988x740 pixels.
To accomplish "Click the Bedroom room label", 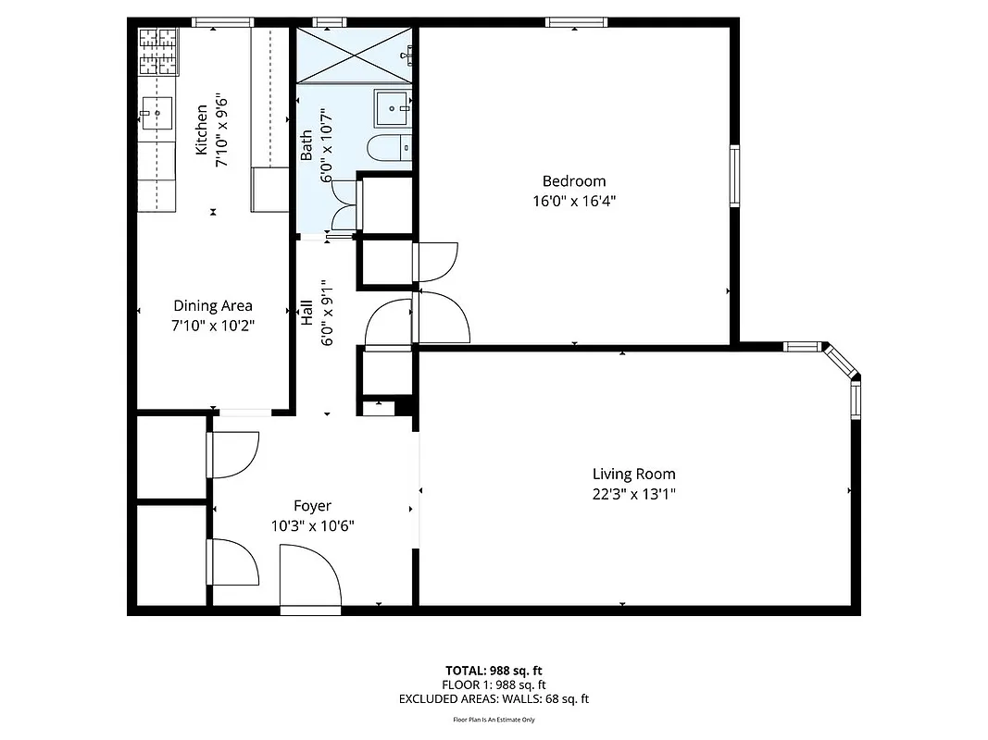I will click(x=574, y=181).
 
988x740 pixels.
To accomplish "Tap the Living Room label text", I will click(x=634, y=475).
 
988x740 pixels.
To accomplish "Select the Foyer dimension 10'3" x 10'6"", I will click(x=312, y=525).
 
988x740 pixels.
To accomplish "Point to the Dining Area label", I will click(x=213, y=306).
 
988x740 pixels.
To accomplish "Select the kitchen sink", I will click(x=156, y=116).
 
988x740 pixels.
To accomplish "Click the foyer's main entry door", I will click(x=310, y=578).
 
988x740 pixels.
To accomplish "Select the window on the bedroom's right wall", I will click(x=734, y=176).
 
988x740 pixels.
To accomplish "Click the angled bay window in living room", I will click(x=840, y=362).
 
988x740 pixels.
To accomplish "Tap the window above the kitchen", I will click(x=223, y=22).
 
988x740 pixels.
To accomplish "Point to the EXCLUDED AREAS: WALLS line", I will click(x=494, y=699).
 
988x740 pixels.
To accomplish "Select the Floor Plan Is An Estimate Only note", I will click(x=494, y=719).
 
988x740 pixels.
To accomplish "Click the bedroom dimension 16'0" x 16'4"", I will click(x=574, y=200).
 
